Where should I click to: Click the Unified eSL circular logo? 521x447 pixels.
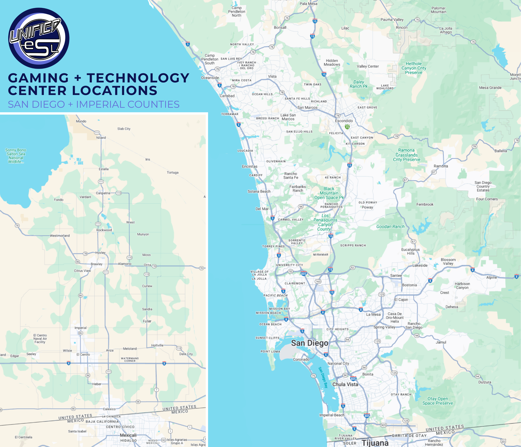click(x=39, y=38)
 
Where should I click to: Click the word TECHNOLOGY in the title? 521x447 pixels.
click(x=138, y=78)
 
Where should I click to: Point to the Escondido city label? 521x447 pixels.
click(x=344, y=121)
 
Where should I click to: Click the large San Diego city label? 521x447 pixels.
click(x=309, y=343)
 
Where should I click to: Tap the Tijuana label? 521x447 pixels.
click(x=375, y=443)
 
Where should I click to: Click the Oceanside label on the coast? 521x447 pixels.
click(x=210, y=78)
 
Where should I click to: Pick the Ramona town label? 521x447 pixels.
click(x=441, y=166)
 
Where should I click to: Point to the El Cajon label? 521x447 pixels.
click(x=401, y=300)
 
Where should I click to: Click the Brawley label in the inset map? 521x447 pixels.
click(x=96, y=264)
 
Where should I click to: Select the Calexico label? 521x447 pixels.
click(x=109, y=409)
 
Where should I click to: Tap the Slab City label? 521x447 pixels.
click(x=124, y=129)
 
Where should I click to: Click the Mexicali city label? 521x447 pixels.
click(x=128, y=435)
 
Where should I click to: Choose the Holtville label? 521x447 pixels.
click(x=157, y=345)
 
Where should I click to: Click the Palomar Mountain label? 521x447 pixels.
click(x=438, y=10)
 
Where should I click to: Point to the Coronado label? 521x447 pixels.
click(x=301, y=359)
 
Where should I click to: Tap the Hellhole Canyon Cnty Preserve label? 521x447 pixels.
click(x=414, y=68)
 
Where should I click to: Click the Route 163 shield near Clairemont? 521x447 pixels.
click(x=318, y=281)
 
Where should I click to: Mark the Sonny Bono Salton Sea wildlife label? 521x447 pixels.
click(x=16, y=156)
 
